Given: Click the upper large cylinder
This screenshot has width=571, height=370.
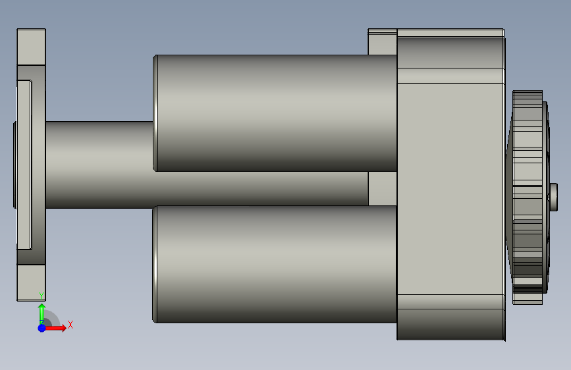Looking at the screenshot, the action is click(275, 113).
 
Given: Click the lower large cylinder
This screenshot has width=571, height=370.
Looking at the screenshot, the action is click(275, 264).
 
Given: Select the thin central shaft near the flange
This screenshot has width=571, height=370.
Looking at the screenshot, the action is click(99, 165).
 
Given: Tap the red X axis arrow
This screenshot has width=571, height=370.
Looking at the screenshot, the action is click(55, 328).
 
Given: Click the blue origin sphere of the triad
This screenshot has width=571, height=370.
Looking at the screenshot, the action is click(41, 328).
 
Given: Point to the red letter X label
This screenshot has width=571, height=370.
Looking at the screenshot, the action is click(70, 325).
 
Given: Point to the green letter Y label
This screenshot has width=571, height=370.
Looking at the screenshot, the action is click(41, 296).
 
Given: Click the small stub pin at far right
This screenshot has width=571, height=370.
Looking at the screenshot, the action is click(553, 197).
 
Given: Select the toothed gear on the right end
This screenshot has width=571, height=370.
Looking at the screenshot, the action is click(528, 197).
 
